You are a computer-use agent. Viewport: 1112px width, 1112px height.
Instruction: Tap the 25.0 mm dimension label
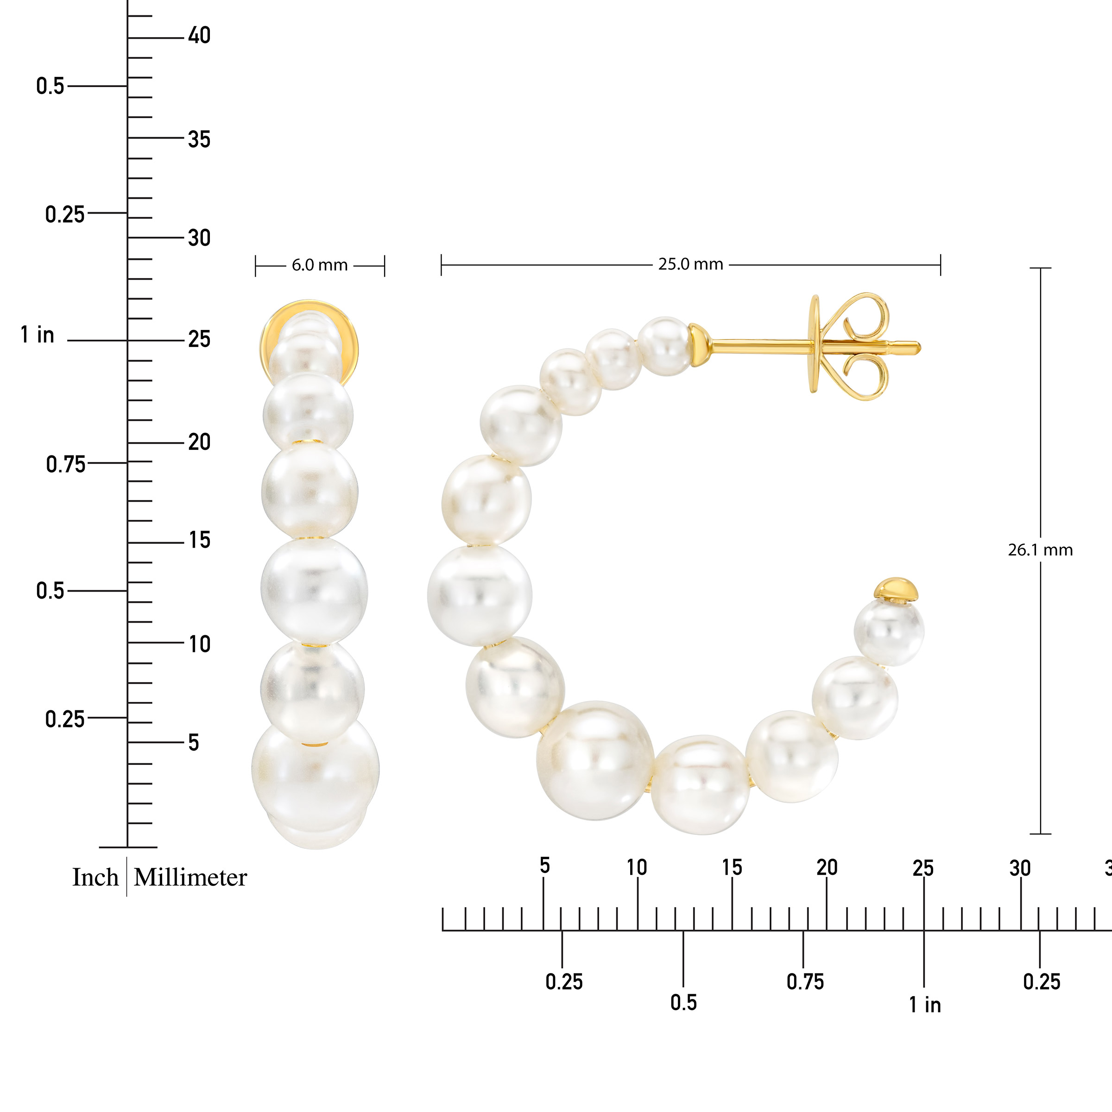click(691, 264)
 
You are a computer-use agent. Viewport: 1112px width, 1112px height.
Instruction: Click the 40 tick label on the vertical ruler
click(199, 36)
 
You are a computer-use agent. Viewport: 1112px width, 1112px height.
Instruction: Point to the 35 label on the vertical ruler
click(199, 139)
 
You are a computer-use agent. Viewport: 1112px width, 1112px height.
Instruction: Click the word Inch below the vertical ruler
click(95, 877)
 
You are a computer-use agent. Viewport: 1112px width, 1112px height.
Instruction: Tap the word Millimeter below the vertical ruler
click(190, 877)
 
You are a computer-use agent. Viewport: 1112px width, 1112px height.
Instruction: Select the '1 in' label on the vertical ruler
click(38, 335)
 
